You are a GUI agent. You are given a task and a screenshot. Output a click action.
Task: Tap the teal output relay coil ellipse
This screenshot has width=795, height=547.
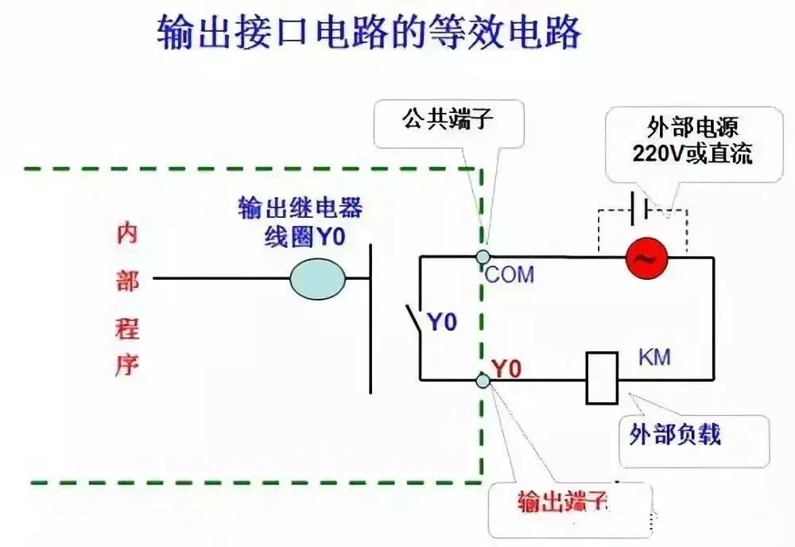coord(317,278)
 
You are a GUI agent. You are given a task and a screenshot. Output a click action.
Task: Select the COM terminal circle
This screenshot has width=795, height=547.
coord(483,257)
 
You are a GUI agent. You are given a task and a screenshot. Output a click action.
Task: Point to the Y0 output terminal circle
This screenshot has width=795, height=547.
coord(483,380)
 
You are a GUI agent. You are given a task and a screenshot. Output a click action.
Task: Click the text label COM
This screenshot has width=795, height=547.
coord(510,276)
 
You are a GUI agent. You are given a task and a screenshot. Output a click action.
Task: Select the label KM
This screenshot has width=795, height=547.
coord(654,357)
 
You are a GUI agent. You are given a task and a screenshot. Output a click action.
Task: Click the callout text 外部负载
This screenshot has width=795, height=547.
coord(675,434)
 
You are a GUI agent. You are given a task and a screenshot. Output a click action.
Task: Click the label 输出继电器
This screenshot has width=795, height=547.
coord(301,208)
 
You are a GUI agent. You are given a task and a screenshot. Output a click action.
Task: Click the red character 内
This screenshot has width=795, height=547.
coord(126,234)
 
